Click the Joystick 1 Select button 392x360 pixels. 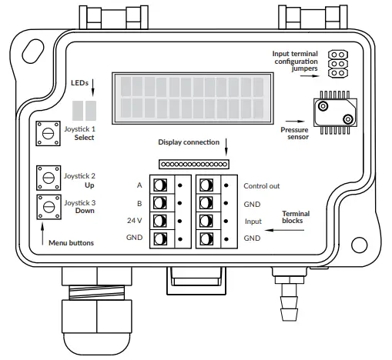point(48,133)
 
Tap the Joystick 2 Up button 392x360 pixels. point(48,178)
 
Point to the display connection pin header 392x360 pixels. point(193,164)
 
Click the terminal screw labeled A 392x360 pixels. point(160,185)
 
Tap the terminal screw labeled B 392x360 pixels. point(160,203)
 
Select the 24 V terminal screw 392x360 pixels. point(160,221)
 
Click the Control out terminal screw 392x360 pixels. point(206,185)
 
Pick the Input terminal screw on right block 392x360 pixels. point(206,221)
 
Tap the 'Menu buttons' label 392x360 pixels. point(71,243)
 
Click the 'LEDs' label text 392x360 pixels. point(81,82)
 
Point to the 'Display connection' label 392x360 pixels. point(188,142)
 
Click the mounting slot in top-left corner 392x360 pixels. point(33,52)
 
